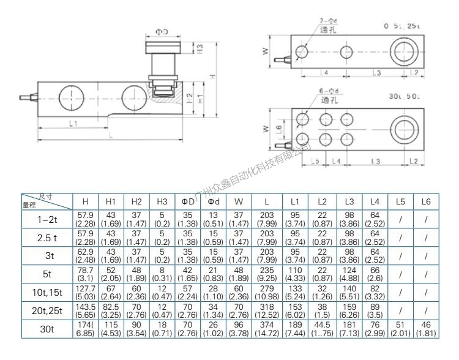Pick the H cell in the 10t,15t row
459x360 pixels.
coord(85,297)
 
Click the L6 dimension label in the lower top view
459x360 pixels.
coord(278,129)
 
